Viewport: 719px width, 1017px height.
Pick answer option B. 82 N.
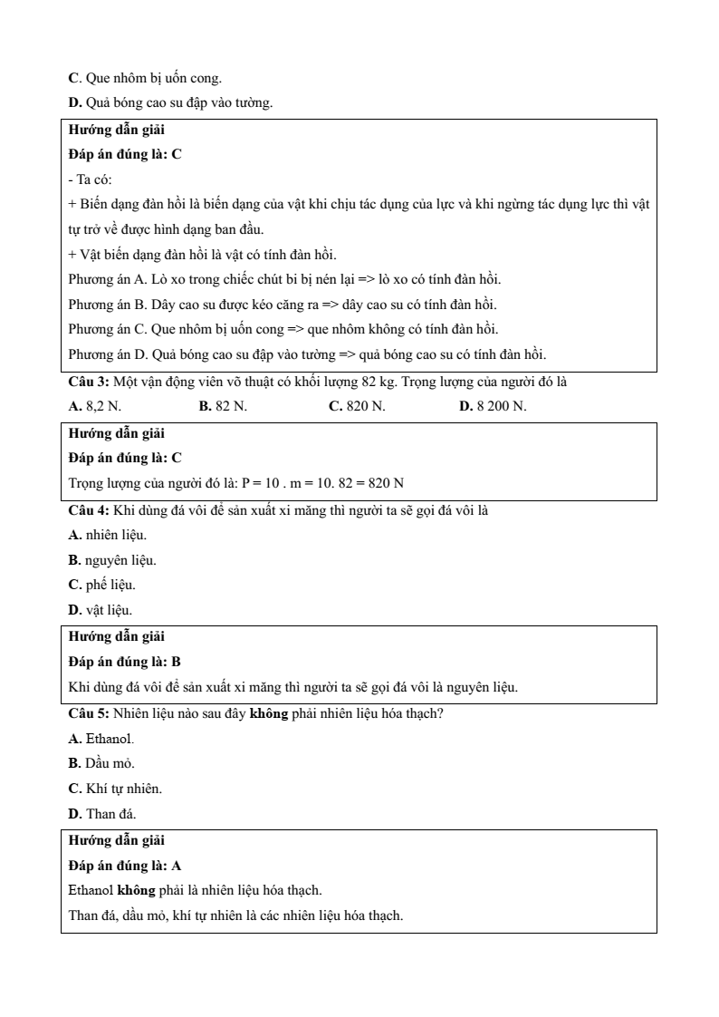pyautogui.click(x=223, y=405)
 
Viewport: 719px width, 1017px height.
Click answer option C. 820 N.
pyautogui.click(x=357, y=405)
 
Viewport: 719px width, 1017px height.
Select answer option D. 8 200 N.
pyautogui.click(x=493, y=405)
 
